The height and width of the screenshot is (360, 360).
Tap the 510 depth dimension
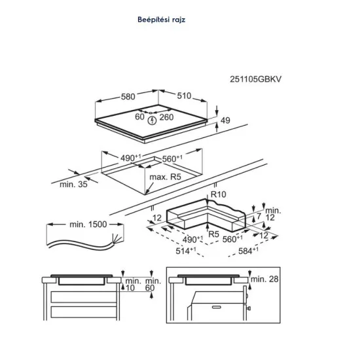183,97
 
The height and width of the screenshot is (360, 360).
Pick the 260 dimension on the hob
166,117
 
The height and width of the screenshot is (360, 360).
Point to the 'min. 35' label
73,185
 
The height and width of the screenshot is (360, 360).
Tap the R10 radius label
217,194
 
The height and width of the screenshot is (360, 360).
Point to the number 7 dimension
258,216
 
